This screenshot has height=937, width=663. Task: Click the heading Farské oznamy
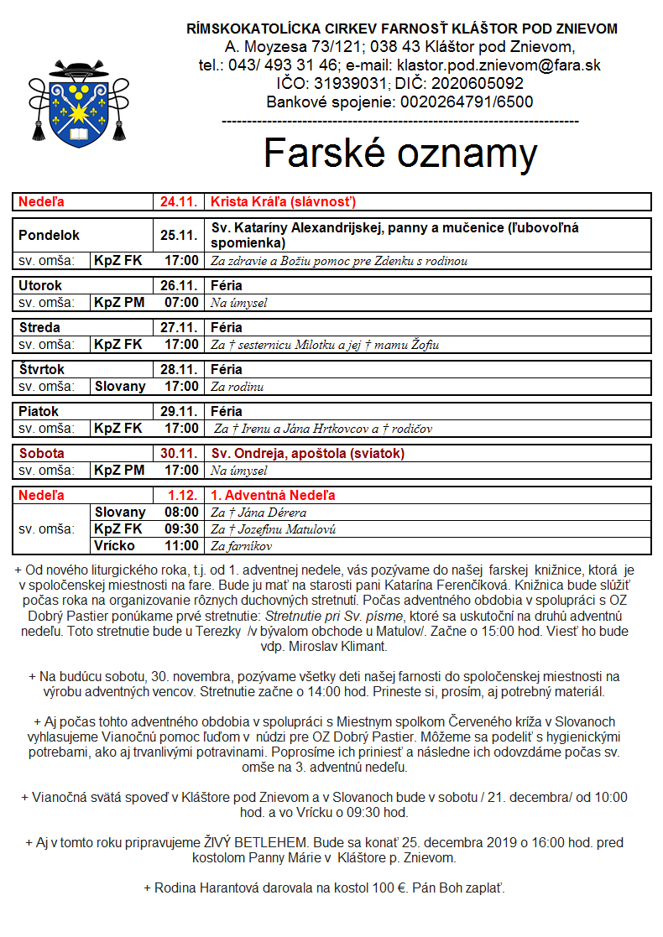coord(400,154)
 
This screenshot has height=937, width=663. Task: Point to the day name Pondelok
coord(49,236)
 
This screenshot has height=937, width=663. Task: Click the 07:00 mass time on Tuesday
coord(182,303)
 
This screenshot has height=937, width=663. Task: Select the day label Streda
coord(39,327)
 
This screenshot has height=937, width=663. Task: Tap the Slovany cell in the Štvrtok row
coord(120,387)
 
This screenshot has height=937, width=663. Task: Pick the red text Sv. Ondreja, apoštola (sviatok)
coord(307,454)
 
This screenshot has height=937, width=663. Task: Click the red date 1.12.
coord(182,496)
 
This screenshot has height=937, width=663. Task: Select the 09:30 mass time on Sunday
coord(182,529)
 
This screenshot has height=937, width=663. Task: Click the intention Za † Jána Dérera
coord(258,513)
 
